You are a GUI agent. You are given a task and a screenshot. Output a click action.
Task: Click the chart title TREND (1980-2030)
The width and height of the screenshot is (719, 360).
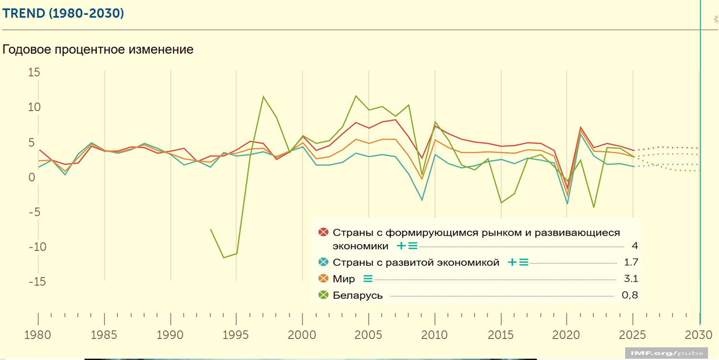(63, 13)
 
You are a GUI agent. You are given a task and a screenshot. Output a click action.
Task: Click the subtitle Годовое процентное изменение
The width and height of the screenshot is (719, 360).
(98, 49)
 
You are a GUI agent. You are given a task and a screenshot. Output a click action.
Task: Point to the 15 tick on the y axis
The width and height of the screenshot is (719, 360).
(34, 73)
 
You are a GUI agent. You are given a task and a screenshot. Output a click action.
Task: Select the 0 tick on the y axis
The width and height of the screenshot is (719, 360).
(32, 178)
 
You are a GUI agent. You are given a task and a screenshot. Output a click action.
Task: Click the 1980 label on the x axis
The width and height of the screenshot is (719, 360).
(38, 334)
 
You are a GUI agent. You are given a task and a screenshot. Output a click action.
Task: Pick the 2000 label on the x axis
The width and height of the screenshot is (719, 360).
(302, 334)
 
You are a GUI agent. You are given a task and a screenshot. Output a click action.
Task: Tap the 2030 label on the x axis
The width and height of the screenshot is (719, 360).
(699, 334)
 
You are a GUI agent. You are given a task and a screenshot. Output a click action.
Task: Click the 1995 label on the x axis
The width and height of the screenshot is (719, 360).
(236, 334)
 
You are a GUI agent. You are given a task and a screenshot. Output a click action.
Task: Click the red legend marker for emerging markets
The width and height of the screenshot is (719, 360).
(323, 233)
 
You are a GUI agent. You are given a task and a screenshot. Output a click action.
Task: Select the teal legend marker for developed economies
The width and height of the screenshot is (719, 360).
(323, 262)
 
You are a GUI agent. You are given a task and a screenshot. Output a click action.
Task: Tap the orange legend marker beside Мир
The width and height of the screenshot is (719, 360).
(323, 279)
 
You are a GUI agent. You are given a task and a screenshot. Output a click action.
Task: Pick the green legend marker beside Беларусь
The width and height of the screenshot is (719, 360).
(323, 295)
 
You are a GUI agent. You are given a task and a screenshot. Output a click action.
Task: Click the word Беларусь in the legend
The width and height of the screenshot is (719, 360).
(358, 295)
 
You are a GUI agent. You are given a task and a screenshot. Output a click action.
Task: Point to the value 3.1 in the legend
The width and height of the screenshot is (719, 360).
(631, 279)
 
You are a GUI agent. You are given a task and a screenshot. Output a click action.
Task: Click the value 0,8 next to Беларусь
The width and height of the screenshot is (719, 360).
(630, 295)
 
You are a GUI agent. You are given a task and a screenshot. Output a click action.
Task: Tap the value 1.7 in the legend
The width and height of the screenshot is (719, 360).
(631, 262)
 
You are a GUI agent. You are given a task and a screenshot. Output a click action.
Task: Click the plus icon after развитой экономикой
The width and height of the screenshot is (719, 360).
(512, 262)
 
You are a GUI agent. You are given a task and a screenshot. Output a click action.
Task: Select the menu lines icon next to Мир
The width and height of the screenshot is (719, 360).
(368, 279)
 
